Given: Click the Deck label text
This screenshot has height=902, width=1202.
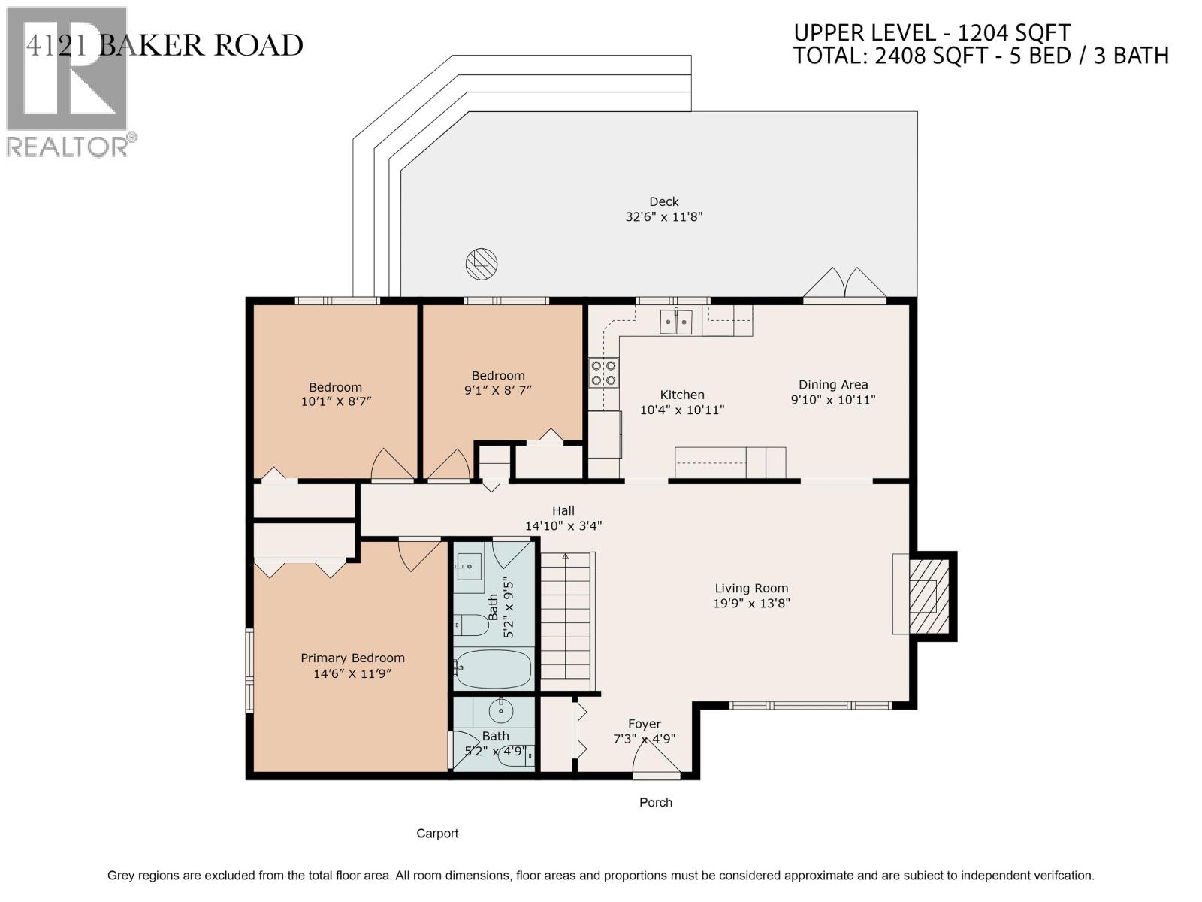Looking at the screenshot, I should pos(663,201).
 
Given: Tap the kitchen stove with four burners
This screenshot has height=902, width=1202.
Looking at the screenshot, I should pos(604,373).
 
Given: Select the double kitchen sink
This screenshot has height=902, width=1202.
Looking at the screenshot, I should pos(676,322).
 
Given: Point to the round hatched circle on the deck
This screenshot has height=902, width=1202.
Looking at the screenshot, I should pos(481,262).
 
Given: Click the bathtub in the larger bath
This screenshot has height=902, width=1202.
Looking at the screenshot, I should pos(493,668).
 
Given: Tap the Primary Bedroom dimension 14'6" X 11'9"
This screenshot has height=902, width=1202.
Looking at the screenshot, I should pos(352,674).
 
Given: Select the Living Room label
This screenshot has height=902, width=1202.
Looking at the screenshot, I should pos(751,589).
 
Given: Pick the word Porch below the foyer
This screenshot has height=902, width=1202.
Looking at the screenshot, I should pos(655,803).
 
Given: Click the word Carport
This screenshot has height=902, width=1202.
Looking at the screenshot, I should pos(437,834).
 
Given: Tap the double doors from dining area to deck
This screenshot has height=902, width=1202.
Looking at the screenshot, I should pos(845,284).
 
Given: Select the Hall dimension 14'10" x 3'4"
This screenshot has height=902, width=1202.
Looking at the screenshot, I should pos(563,526).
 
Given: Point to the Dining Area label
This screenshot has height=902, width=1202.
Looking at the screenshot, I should pos(833,385).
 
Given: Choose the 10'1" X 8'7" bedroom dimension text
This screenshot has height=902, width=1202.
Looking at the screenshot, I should pos(336,402).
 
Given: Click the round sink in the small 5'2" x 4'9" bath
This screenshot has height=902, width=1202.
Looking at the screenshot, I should pos(500,710).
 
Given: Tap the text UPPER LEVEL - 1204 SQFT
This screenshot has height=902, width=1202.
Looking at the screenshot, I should pos(932,33).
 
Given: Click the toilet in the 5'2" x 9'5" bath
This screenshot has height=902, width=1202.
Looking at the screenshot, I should pos(470,625).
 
